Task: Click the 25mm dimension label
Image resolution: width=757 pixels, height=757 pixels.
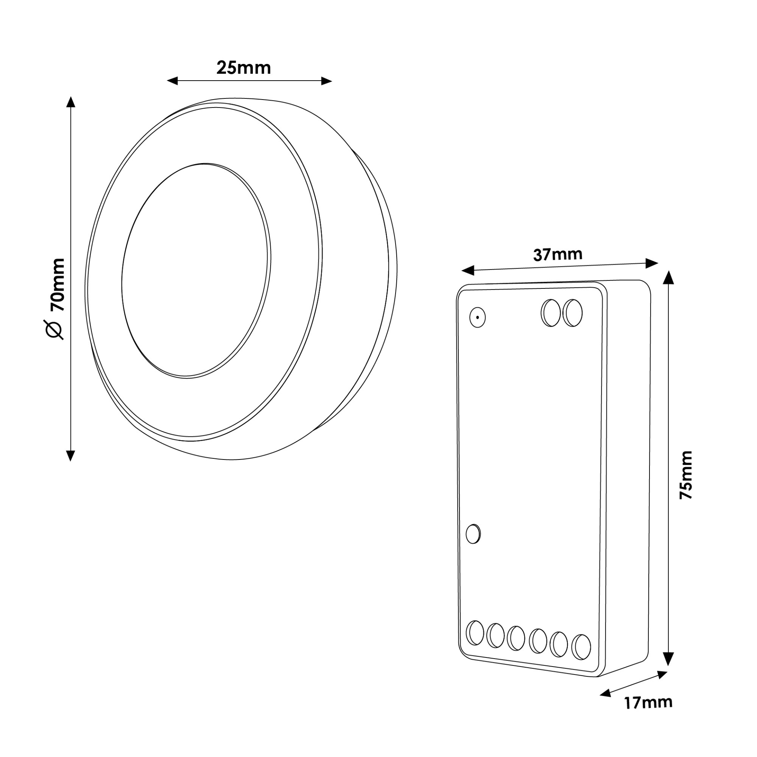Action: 243,68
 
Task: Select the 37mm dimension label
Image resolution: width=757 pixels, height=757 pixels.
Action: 558,255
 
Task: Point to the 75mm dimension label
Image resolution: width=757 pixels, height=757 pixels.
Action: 686,475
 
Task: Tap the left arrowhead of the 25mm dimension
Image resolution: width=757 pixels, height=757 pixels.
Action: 172,81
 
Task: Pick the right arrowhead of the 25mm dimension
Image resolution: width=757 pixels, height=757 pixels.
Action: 326,81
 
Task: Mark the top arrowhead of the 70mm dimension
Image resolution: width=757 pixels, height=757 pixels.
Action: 70,101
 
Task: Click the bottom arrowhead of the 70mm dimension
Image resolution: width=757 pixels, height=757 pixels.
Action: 70,456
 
